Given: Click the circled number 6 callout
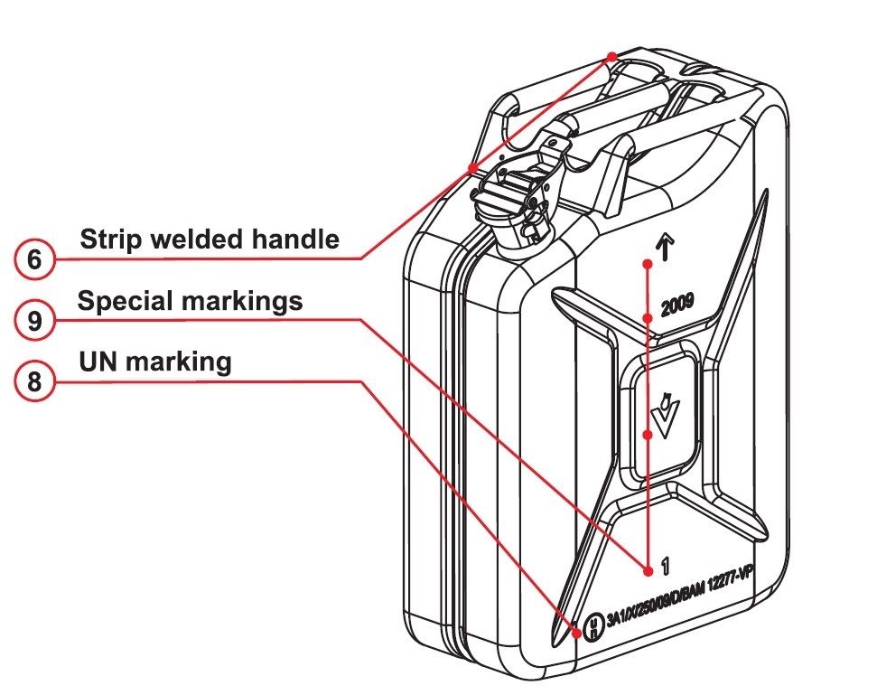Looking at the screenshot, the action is tap(34, 260).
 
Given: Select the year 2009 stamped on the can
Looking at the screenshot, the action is tap(676, 305).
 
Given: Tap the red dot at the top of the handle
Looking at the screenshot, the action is tap(612, 56).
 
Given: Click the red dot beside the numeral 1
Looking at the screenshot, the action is tap(648, 569).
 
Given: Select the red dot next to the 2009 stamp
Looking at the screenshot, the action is tap(648, 317).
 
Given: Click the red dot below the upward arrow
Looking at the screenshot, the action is tap(648, 263).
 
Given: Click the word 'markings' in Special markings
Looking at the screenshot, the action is tap(244, 301).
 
